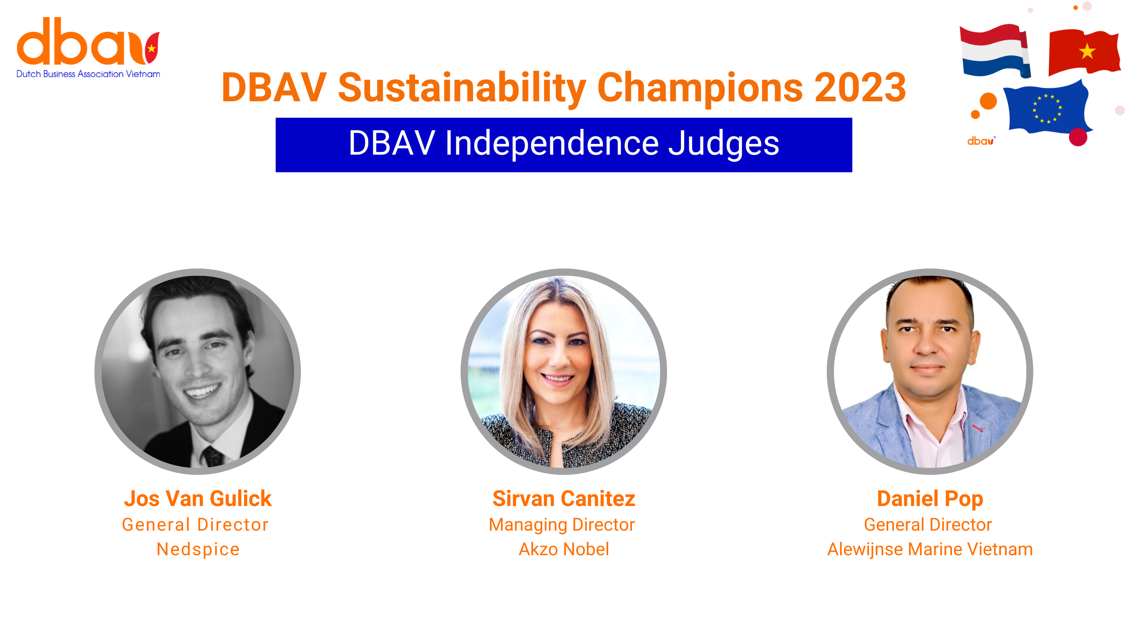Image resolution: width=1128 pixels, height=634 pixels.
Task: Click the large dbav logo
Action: pos(88,41)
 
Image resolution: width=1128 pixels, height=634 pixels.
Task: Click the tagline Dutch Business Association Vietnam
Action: pos(88,74)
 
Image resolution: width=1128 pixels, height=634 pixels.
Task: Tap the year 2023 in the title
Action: pos(860,88)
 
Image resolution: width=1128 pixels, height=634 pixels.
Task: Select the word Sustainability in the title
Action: pos(462,88)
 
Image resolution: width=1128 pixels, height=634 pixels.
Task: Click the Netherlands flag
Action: pos(995,51)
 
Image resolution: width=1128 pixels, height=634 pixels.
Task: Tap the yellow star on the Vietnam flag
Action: pos(1087,51)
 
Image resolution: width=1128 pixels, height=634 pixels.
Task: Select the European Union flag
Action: pos(1047,107)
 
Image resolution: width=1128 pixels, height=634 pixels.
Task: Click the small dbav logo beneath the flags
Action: pos(981,141)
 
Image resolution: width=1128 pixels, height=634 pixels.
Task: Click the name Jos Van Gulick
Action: pos(197,499)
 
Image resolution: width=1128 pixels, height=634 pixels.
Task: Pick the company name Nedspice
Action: pos(198,549)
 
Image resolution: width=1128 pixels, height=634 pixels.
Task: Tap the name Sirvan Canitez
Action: pos(564,499)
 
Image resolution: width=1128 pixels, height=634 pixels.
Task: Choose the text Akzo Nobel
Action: pos(564,549)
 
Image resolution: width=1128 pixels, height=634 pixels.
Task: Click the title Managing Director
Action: pos(562,525)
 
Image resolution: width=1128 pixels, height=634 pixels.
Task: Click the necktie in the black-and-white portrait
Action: pos(213,456)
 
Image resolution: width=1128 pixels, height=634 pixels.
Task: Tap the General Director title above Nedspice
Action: pos(195,525)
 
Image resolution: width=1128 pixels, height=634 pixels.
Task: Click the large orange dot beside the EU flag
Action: pos(988,101)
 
